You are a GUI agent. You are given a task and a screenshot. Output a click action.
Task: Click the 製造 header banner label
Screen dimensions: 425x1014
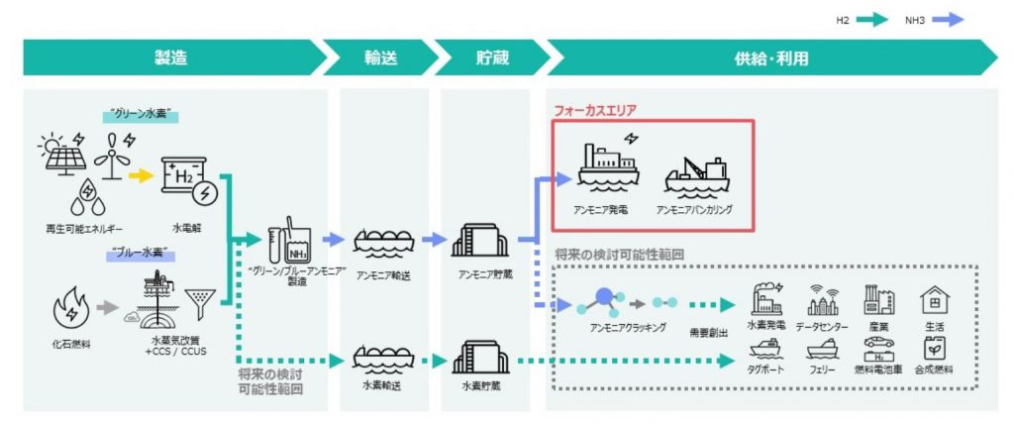coord(170,57)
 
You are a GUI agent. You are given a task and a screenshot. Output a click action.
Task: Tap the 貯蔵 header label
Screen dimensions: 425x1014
coord(491,57)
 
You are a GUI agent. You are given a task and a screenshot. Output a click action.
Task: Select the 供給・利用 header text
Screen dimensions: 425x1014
coord(771,57)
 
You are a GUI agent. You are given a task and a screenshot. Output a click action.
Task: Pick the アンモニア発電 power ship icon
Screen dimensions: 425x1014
coord(606,166)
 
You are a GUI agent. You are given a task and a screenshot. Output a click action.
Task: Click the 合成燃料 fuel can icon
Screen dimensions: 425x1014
coord(934,350)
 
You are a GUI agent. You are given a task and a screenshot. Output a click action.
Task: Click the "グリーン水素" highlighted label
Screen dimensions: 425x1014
coord(139,116)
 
